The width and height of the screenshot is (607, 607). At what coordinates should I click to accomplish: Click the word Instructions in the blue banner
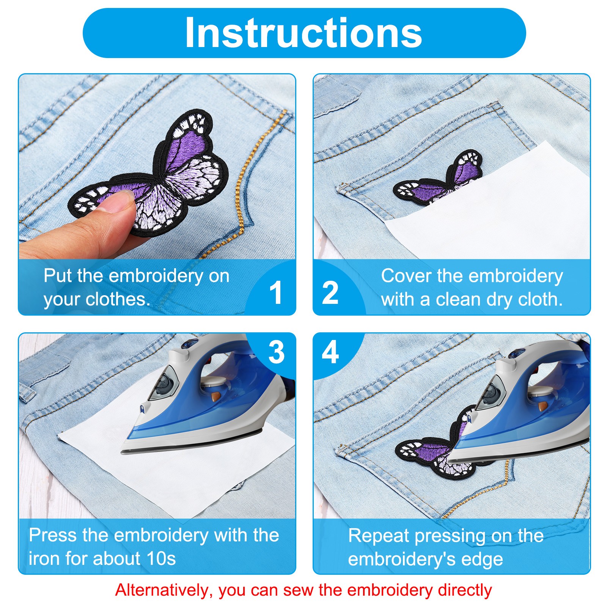point(303,33)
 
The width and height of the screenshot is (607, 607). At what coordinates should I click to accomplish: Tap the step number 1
point(276,292)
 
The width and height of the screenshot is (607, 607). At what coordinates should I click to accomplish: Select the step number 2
point(330,292)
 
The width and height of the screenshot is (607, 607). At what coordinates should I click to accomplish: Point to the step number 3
point(276,352)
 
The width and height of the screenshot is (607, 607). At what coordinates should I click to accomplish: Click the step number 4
point(330,352)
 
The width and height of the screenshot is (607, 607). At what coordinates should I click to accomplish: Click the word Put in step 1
point(58,275)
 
